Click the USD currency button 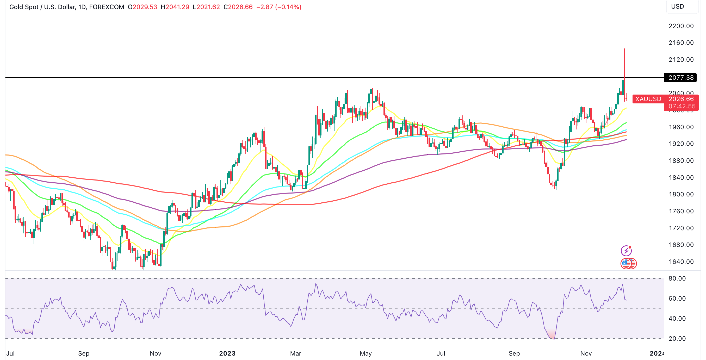point(677,7)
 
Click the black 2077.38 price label point(681,78)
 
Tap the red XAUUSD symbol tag point(648,99)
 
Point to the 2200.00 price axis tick point(681,26)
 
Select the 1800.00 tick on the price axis point(681,194)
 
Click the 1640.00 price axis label point(681,262)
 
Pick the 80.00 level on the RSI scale point(677,278)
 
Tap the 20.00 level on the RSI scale point(677,338)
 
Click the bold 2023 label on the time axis point(227,353)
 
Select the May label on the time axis point(366,353)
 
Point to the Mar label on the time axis point(295,353)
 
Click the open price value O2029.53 point(143,7)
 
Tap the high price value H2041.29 point(175,7)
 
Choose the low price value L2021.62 point(206,7)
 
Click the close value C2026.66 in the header point(238,7)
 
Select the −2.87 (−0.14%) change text point(279,7)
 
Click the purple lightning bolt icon point(626,250)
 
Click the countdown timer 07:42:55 point(682,106)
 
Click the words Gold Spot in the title point(24,7)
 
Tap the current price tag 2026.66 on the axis point(681,99)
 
